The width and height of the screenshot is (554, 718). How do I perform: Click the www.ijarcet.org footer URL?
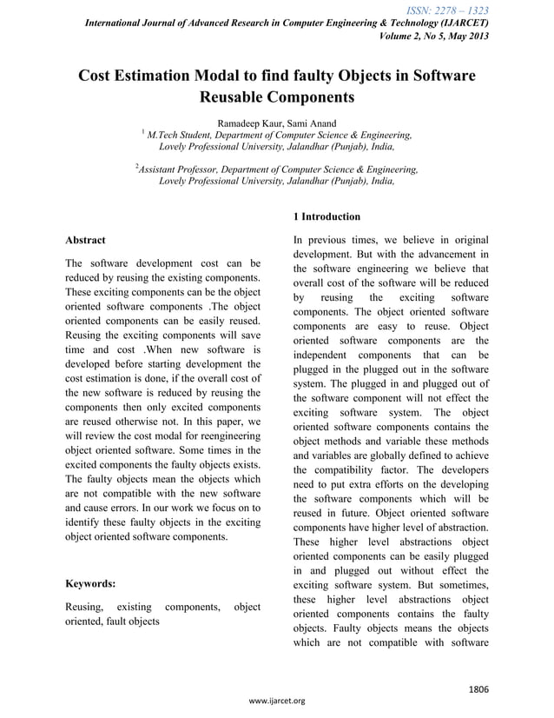click(x=276, y=701)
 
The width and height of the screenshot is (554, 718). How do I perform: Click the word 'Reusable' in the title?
click(x=234, y=97)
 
